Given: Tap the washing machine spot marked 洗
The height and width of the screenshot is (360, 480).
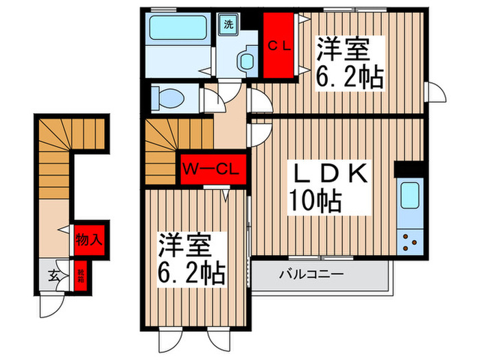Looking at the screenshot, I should pyautogui.click(x=227, y=24).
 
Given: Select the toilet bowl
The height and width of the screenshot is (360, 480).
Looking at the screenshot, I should pyautogui.click(x=169, y=97).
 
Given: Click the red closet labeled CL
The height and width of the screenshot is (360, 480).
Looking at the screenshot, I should pyautogui.click(x=281, y=47).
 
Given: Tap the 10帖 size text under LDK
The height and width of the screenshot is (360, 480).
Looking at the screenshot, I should pyautogui.click(x=315, y=200).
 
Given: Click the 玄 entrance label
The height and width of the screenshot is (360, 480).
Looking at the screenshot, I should pyautogui.click(x=52, y=276).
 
